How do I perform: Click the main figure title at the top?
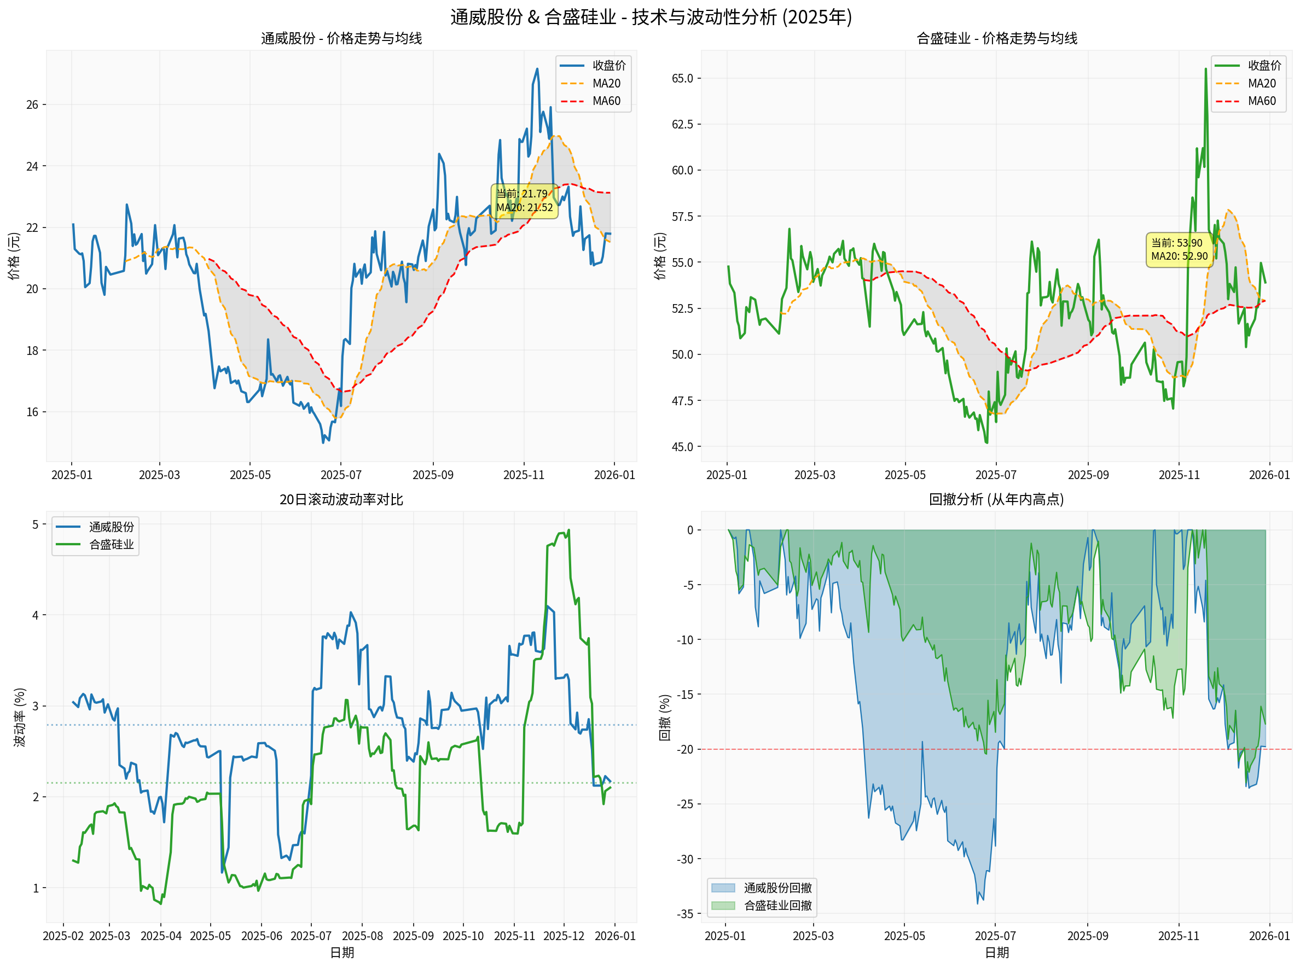651,16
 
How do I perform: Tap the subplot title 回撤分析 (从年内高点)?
996,499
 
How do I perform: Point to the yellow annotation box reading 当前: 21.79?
524,200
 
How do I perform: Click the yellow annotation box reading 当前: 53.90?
1179,249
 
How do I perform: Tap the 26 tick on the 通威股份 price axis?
32,105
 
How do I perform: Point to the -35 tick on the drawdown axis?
685,914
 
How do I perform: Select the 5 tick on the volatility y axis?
35,524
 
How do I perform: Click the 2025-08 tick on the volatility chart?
362,936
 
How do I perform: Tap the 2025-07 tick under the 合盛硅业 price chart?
995,475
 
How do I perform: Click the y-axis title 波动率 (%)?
20,717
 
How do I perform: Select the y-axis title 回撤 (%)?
665,717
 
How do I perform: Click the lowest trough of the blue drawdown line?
977,903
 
